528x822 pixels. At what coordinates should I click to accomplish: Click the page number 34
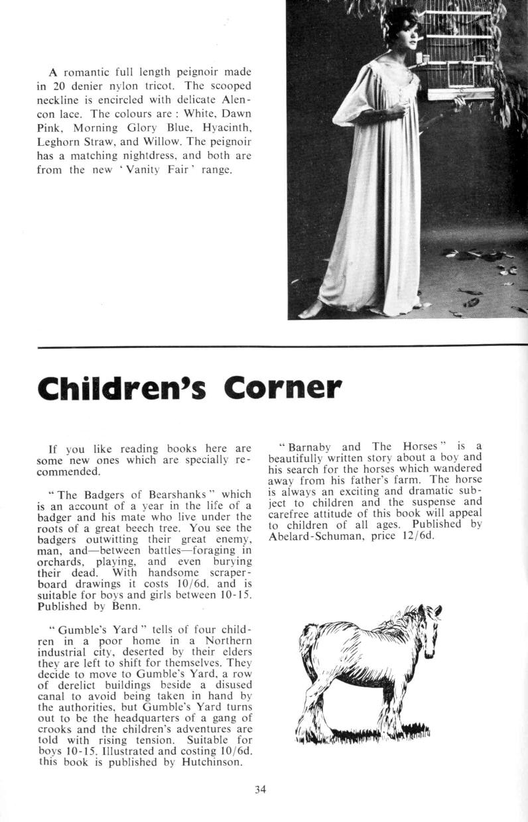[260, 789]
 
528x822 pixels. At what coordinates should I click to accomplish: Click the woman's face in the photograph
[407, 37]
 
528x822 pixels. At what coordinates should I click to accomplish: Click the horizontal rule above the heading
[283, 346]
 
